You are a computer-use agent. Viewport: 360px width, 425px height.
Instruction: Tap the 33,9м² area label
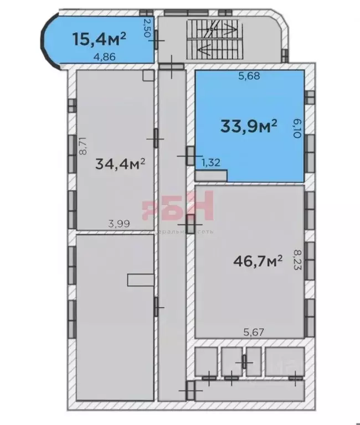tap(249, 127)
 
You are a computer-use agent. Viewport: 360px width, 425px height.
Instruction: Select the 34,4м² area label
tap(120, 164)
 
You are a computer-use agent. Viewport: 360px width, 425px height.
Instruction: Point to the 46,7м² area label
tap(258, 261)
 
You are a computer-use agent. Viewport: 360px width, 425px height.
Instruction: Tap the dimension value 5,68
tap(249, 77)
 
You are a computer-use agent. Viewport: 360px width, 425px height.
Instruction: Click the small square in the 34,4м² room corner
tap(147, 76)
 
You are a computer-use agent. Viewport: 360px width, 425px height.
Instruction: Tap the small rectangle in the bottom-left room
tap(140, 280)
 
